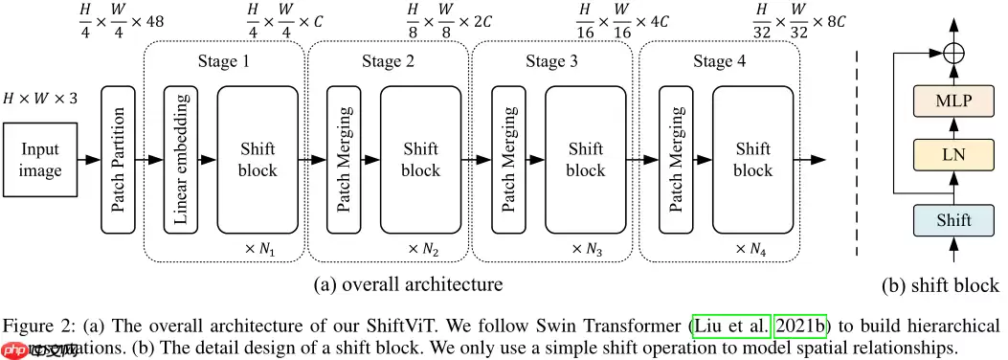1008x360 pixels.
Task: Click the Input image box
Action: [40, 160]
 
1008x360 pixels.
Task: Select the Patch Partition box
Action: [118, 160]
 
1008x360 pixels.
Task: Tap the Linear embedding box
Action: [181, 160]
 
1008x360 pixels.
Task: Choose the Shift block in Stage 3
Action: [585, 160]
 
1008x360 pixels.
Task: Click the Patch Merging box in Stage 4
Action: [676, 160]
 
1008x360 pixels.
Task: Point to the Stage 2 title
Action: [388, 63]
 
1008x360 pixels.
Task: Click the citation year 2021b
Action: [800, 325]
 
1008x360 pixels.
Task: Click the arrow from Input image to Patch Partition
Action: [89, 160]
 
